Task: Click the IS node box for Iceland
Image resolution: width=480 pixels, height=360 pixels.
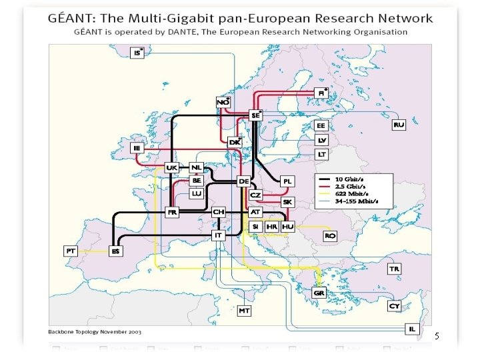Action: coord(137,52)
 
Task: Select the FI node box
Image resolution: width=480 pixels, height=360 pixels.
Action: coord(321,93)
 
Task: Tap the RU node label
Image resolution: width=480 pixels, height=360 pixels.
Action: coord(399,125)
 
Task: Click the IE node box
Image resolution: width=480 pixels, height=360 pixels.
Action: coord(138,147)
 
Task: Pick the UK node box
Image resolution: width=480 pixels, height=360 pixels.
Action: coord(172,167)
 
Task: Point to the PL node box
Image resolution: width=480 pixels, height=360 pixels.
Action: coord(287,181)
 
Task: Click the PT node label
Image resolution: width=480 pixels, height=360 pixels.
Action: coord(71,251)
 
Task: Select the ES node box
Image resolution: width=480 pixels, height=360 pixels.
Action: coord(115,251)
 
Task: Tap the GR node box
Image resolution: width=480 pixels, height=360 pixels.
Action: coord(319,293)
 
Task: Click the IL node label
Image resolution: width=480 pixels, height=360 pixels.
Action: coord(413,328)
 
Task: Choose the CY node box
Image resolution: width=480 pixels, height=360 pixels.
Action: coord(394,306)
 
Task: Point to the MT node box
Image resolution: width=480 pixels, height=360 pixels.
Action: coord(245,311)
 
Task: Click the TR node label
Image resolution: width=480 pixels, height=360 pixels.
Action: coord(395,269)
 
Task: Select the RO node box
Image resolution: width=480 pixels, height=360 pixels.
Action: coord(330,236)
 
